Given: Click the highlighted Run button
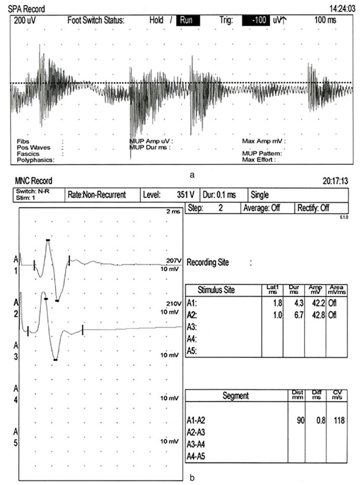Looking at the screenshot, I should (188, 21).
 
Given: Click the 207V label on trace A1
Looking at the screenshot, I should (173, 261).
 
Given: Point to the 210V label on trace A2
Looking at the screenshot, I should (173, 303).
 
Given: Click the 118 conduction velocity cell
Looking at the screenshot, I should (338, 420).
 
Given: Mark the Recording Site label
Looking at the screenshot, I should (208, 262).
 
